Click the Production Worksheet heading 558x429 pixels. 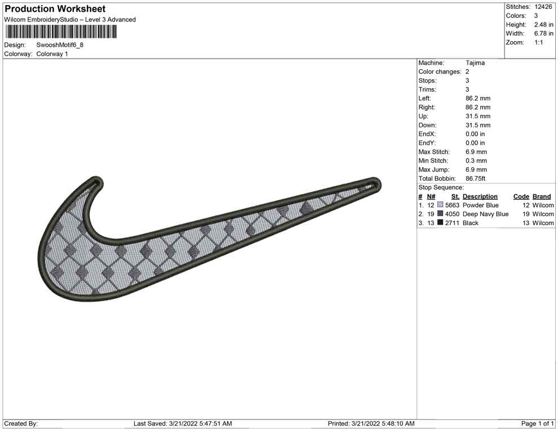55,9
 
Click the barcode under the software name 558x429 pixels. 61,32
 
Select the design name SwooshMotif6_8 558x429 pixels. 60,45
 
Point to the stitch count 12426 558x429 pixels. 543,7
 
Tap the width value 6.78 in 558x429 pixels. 543,33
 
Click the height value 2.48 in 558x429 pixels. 543,25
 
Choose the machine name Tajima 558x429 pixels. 475,63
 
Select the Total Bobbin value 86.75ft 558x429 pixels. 476,178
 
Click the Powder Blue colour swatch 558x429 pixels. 440,205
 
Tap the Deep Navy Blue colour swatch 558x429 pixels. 440,213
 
